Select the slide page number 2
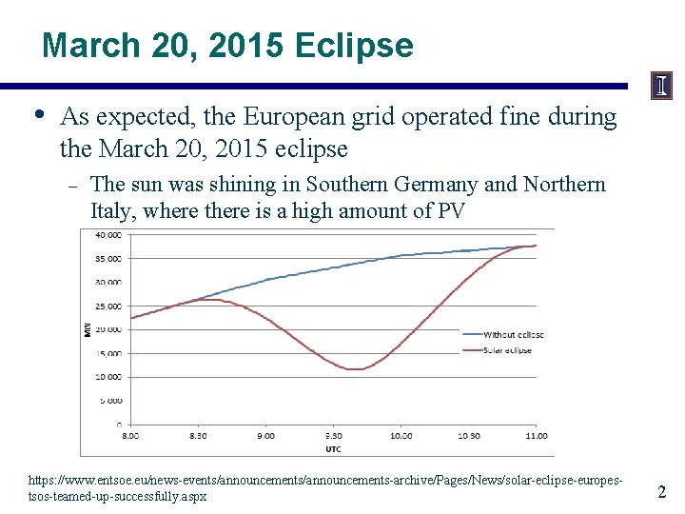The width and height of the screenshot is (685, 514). pyautogui.click(x=662, y=492)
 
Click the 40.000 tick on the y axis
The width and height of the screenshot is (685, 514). pyautogui.click(x=108, y=234)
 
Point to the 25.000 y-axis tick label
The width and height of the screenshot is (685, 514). pyautogui.click(x=108, y=306)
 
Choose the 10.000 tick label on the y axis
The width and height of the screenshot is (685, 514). pyautogui.click(x=108, y=377)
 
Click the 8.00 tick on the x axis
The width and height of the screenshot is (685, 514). pyautogui.click(x=130, y=436)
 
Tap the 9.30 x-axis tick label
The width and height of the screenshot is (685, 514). pyautogui.click(x=334, y=436)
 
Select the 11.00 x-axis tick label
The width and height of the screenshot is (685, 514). pyautogui.click(x=538, y=436)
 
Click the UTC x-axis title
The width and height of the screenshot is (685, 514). pyautogui.click(x=333, y=448)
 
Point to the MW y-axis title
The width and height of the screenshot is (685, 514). pyautogui.click(x=87, y=328)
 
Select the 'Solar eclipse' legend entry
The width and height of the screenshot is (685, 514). pyautogui.click(x=508, y=350)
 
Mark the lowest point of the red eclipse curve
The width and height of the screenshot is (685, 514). pyautogui.click(x=354, y=369)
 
